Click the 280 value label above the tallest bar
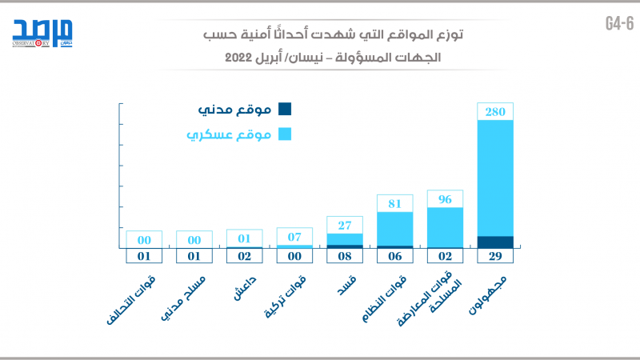pos(495,112)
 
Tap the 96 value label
pos(445,199)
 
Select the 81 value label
pos(395,203)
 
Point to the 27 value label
pos(345,225)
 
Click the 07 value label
pos(294,237)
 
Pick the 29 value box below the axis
pos(495,257)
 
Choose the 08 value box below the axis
pos(345,257)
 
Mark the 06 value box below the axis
pos(395,257)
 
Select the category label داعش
pos(245,288)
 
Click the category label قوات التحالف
pos(132,305)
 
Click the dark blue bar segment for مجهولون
pos(495,242)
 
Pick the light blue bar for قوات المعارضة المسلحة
pos(445,227)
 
